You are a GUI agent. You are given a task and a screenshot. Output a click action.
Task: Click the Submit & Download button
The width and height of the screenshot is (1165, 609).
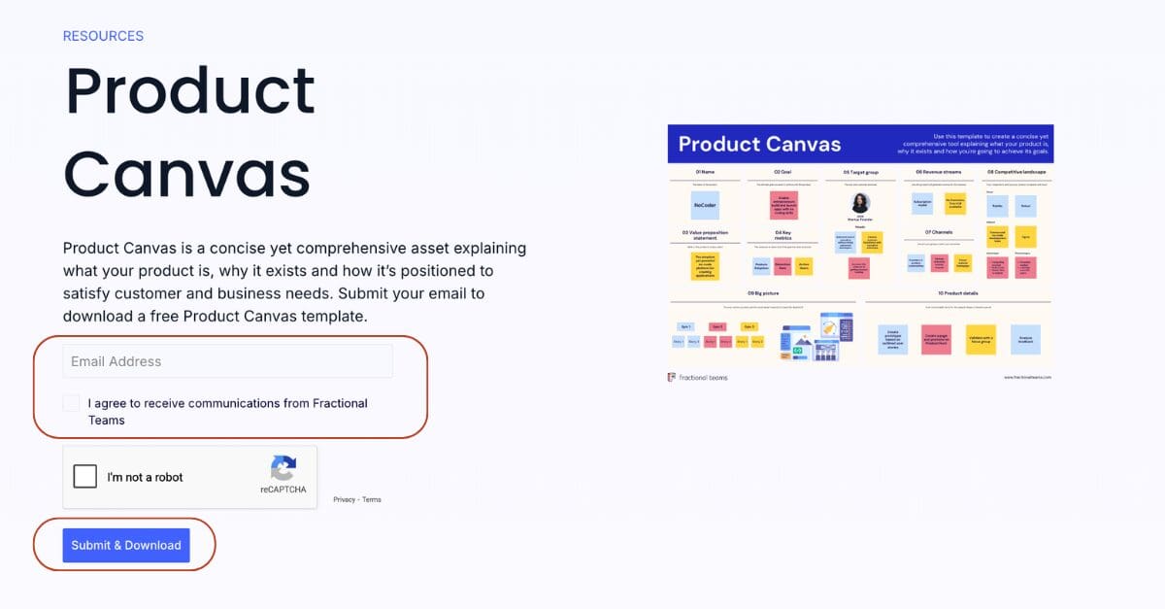click(x=126, y=545)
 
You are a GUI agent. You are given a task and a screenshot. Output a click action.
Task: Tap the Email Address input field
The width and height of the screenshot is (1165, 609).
click(x=228, y=361)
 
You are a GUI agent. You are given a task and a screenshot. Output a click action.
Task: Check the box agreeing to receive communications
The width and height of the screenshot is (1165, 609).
click(x=71, y=403)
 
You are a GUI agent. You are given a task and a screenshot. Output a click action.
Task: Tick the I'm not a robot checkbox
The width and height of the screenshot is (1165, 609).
click(x=85, y=477)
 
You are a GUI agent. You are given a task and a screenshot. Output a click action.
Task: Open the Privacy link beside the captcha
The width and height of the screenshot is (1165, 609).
click(x=344, y=499)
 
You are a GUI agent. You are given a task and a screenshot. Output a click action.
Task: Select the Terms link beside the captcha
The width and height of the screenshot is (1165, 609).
click(x=372, y=499)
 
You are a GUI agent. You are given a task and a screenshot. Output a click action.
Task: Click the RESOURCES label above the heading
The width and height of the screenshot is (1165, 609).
click(x=103, y=36)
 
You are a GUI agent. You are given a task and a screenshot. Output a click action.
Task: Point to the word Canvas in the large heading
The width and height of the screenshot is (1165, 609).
click(x=187, y=175)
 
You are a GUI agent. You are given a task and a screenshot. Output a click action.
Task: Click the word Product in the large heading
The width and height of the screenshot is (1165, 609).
click(x=190, y=91)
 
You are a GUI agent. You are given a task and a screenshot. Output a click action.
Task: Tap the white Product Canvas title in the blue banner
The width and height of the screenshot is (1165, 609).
click(x=759, y=145)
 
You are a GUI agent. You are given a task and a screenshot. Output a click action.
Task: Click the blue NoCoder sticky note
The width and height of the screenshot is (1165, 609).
click(x=705, y=205)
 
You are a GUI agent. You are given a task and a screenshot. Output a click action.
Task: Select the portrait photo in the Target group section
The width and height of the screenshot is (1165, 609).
click(x=860, y=203)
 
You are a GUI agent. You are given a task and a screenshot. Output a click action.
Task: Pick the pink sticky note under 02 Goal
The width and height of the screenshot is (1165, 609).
click(x=782, y=205)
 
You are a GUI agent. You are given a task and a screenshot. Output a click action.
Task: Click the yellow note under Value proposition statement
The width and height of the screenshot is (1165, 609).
click(x=705, y=266)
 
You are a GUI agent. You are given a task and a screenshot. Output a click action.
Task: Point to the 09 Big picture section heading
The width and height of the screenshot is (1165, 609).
click(x=763, y=292)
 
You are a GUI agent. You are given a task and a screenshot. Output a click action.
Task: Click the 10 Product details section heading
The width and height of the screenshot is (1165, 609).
click(x=957, y=292)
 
